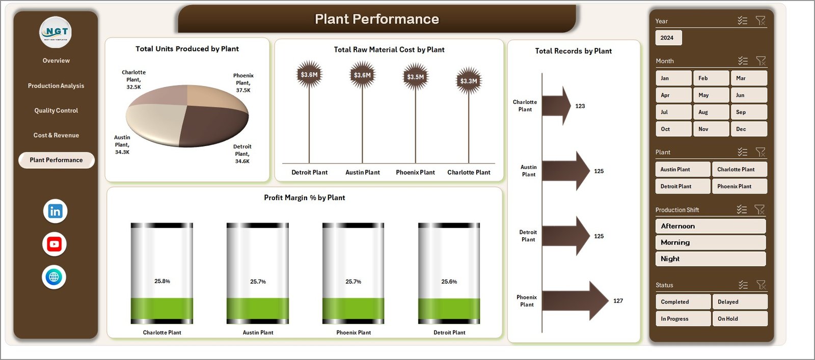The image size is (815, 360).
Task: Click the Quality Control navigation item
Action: click(56, 110)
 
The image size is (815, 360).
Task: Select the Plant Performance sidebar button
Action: click(56, 160)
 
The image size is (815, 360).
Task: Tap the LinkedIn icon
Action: click(55, 211)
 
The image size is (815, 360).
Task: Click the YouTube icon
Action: click(55, 244)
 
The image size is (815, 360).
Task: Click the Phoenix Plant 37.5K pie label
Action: click(243, 83)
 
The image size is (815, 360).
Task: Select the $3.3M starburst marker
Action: click(469, 81)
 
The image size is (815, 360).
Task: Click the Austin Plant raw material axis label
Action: click(362, 173)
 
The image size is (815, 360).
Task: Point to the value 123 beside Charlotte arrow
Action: click(580, 106)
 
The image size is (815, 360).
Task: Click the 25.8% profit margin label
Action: click(162, 281)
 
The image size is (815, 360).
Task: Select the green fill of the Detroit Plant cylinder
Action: click(449, 309)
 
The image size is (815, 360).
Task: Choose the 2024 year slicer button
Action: click(667, 38)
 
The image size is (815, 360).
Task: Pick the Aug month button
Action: click(711, 112)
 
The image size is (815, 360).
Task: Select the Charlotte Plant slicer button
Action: click(739, 169)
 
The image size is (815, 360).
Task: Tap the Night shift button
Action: click(710, 259)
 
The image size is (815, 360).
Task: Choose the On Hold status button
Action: click(739, 319)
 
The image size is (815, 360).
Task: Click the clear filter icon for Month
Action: click(760, 61)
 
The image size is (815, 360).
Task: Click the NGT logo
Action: click(56, 32)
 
